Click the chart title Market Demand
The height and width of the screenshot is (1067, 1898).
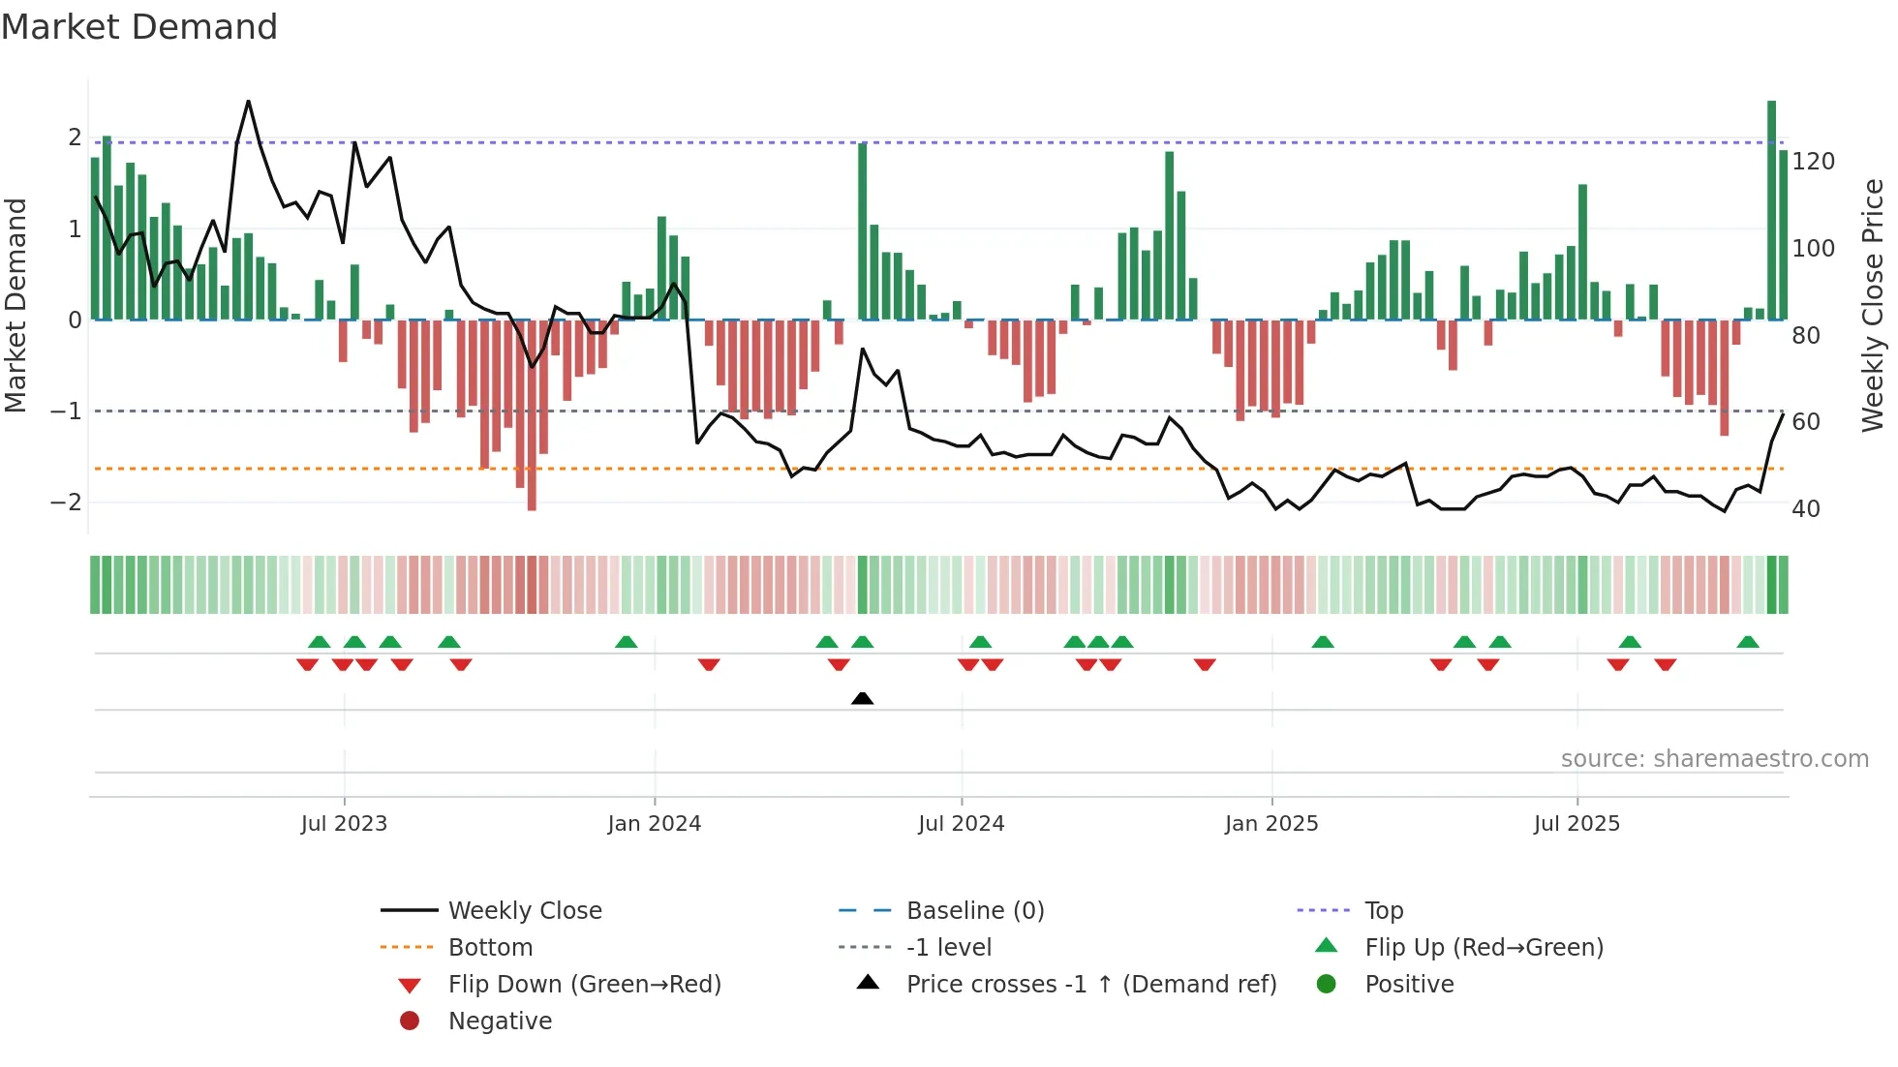[x=139, y=27]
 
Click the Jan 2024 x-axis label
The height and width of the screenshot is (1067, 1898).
[x=654, y=824]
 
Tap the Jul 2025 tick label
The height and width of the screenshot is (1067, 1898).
[x=1577, y=824]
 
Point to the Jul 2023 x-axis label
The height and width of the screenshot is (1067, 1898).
[x=344, y=824]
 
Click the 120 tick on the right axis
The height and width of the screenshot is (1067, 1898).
[x=1813, y=162]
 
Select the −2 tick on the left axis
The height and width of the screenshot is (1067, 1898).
[x=66, y=503]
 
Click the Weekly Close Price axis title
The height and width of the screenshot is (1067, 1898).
[x=1873, y=305]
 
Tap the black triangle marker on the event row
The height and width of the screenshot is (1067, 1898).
[x=862, y=698]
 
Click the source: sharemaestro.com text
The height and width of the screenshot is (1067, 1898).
[x=1714, y=759]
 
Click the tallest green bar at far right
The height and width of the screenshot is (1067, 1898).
[x=1771, y=209]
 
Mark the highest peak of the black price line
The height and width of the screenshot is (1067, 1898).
[x=248, y=102]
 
